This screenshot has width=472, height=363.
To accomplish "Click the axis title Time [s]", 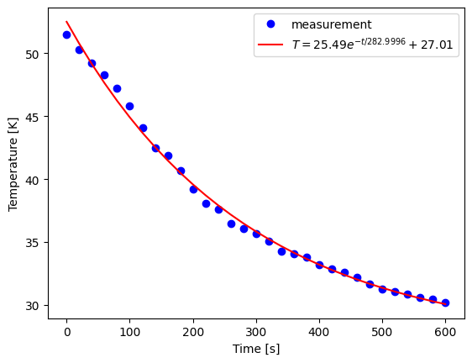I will point(256,348).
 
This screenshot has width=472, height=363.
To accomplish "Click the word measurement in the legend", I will point(331,25).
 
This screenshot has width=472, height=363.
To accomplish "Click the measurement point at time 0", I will point(67,34).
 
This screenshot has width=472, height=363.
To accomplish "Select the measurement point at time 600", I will point(445,302).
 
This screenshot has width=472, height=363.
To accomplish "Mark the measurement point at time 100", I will point(130,106).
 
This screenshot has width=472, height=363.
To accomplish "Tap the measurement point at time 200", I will point(193,189).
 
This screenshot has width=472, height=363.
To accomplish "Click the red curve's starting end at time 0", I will point(67,23).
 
